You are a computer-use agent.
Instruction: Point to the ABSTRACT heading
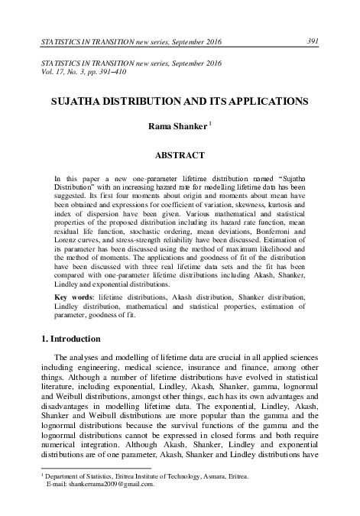[180, 155]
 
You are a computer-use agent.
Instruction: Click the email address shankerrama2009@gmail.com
[100, 484]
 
